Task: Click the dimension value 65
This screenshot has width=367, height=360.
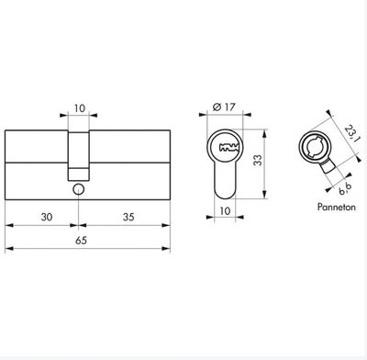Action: pyautogui.click(x=81, y=241)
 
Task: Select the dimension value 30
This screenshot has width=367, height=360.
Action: pyautogui.click(x=47, y=217)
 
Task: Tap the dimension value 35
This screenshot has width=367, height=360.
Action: pyautogui.click(x=128, y=217)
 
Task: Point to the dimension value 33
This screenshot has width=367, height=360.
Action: pyautogui.click(x=258, y=160)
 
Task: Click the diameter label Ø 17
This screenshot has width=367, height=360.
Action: pyautogui.click(x=224, y=107)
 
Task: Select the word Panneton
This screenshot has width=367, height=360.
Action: pyautogui.click(x=337, y=208)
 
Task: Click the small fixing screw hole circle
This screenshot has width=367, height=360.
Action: pyautogui.click(x=79, y=189)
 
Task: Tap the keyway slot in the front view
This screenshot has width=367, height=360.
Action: pyautogui.click(x=228, y=147)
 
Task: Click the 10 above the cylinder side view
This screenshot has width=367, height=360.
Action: pyautogui.click(x=79, y=108)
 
